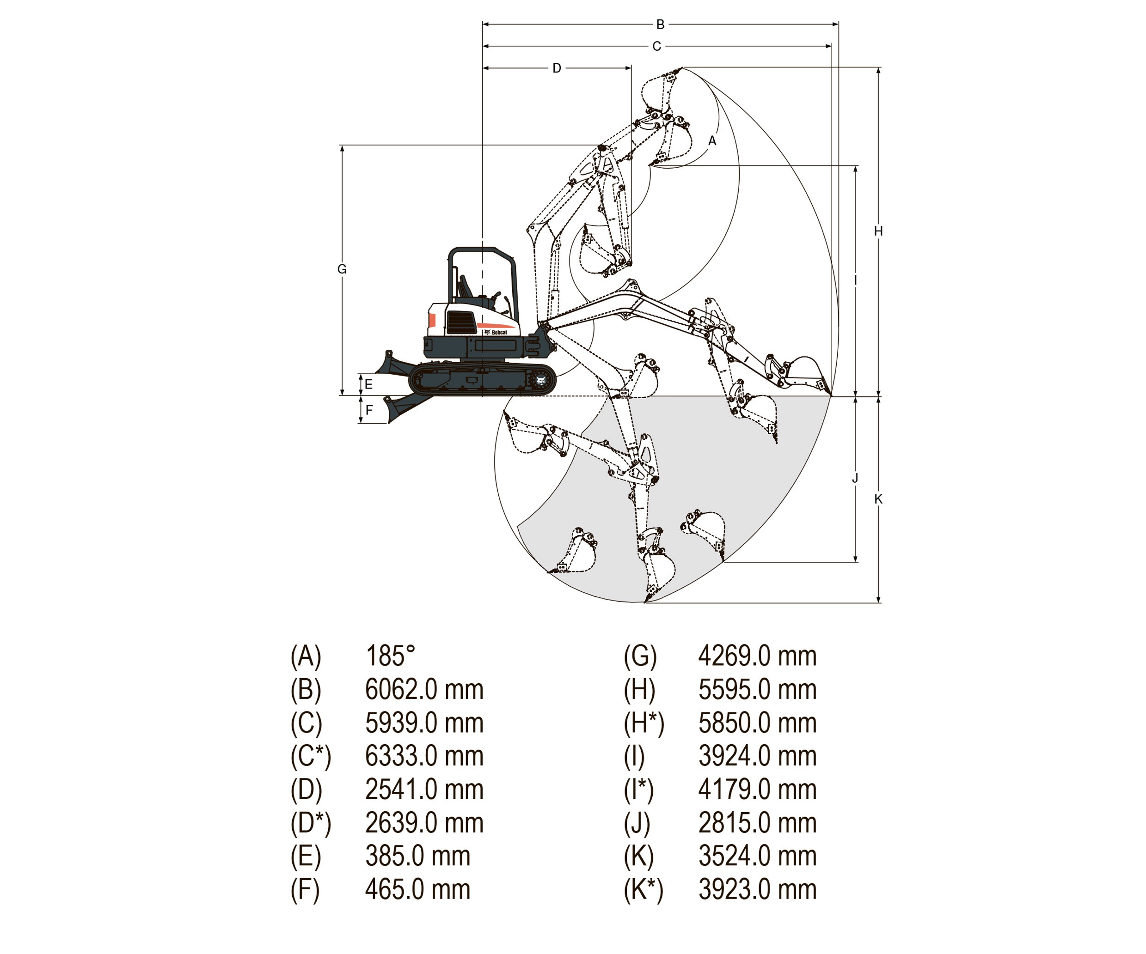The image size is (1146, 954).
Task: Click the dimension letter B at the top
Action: pyautogui.click(x=660, y=24)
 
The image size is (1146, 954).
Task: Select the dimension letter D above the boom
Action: pyautogui.click(x=557, y=68)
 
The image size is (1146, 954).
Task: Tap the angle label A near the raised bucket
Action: pyautogui.click(x=712, y=141)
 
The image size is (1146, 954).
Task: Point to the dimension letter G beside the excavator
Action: pyautogui.click(x=342, y=269)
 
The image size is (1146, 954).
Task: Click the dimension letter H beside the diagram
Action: pyautogui.click(x=878, y=231)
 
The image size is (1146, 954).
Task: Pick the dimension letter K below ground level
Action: pyautogui.click(x=878, y=498)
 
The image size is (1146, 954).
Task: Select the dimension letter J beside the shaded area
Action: pyautogui.click(x=855, y=478)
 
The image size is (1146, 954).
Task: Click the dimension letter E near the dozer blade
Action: pyautogui.click(x=369, y=384)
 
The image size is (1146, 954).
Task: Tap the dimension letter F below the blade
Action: pyautogui.click(x=369, y=410)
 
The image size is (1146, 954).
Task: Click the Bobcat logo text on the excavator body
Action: pyautogui.click(x=499, y=332)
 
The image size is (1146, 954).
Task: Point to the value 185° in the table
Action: pyautogui.click(x=391, y=656)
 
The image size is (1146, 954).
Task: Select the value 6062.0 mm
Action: pyautogui.click(x=424, y=689)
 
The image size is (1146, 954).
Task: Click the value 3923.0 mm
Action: pyautogui.click(x=758, y=890)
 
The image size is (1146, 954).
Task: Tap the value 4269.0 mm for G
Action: pyautogui.click(x=758, y=656)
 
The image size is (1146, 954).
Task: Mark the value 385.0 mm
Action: pyautogui.click(x=417, y=857)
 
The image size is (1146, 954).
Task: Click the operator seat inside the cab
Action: pyautogui.click(x=465, y=287)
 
